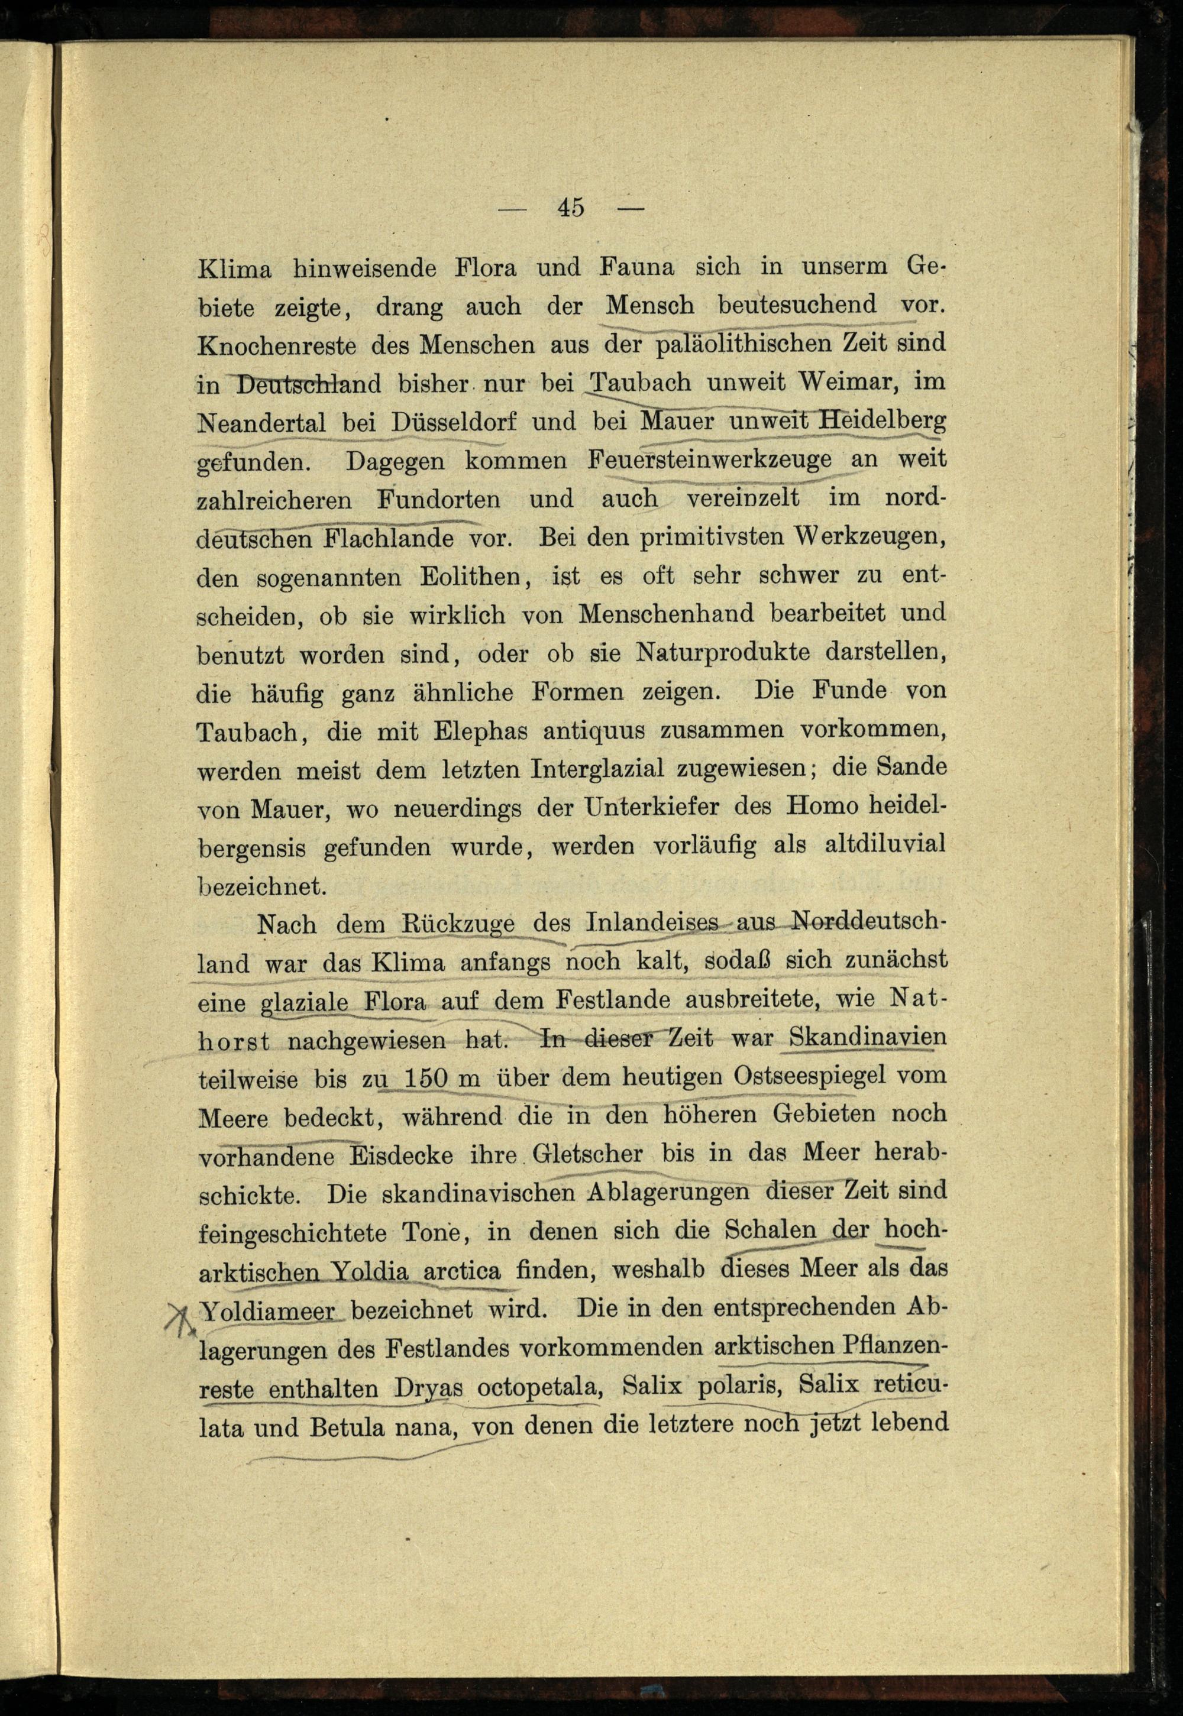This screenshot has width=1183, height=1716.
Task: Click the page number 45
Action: [571, 208]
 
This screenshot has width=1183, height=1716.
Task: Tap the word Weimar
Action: [843, 383]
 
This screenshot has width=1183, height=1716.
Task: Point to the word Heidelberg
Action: [882, 421]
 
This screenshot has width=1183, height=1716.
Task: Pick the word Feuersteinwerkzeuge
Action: [710, 461]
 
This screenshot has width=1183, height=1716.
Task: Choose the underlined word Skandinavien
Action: [867, 1037]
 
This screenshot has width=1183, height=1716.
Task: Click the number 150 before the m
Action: [426, 1077]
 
